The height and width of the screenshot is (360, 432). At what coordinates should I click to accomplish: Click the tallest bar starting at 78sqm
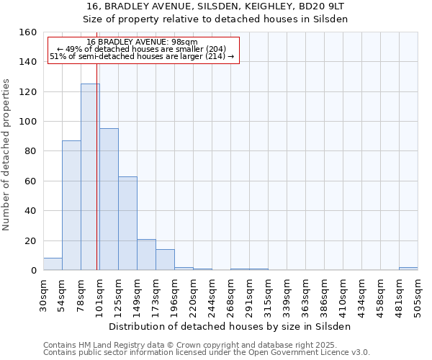90,177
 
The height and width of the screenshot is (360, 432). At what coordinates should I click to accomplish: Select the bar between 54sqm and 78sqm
71,205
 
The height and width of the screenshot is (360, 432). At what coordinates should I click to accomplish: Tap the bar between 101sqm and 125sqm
109,199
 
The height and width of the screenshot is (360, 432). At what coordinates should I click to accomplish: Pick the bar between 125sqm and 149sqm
127,223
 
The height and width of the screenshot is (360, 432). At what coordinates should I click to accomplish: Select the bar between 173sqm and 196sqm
165,260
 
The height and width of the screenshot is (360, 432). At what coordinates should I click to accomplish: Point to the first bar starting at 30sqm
53,264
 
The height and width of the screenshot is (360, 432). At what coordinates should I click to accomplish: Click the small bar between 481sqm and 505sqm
408,269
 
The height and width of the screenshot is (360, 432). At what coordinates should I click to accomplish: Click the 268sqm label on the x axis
230,293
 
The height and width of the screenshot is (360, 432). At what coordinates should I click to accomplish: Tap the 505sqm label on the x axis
418,293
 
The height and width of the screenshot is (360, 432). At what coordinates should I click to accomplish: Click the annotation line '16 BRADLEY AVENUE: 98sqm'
141,42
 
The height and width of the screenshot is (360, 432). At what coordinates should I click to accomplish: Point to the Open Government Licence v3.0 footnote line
207,352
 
